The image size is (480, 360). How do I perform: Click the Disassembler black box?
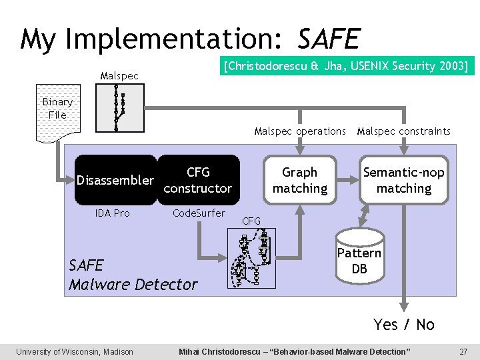coord(115,180)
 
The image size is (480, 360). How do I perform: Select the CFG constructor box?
coord(198,180)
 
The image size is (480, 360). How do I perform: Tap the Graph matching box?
coord(300,180)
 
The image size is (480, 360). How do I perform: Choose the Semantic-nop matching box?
coord(404,180)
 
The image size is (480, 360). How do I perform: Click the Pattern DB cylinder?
coord(359,257)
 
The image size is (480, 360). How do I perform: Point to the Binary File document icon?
coord(57,113)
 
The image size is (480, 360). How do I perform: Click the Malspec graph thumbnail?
coord(120,108)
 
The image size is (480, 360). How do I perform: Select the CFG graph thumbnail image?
coord(251,258)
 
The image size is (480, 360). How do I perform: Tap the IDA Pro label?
coord(113,213)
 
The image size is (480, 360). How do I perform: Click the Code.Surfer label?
coord(199,213)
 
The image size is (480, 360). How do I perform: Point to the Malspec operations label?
coord(300,131)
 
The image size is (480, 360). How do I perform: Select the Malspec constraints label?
coord(404,131)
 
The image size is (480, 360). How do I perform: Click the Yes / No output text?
coord(404,325)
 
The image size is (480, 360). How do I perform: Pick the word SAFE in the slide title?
coord(329,39)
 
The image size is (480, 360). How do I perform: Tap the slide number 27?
coord(463,351)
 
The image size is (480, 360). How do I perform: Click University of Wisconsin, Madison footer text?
coord(75,351)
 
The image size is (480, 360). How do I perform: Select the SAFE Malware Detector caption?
coord(133,275)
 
